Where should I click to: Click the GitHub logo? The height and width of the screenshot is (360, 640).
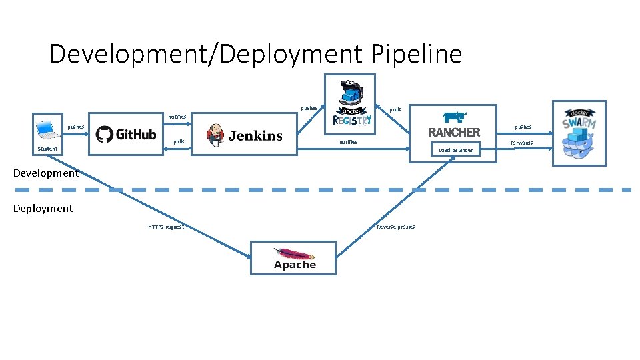coord(126,134)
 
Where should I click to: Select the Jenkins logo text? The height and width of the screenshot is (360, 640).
coord(255,136)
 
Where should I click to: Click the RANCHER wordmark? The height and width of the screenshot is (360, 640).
coord(453,132)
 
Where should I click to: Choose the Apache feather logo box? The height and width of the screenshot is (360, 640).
coord(293,258)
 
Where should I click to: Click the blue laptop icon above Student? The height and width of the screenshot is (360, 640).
coord(45,127)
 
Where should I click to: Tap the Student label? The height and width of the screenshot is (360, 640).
coord(47,149)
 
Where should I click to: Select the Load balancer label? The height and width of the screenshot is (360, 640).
coord(455,151)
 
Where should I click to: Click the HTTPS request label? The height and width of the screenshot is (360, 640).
coord(166,227)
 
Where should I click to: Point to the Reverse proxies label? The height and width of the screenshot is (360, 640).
coord(395,227)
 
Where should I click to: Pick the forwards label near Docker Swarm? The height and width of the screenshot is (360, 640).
coord(521,143)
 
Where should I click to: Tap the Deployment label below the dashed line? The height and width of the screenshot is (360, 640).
coord(43,209)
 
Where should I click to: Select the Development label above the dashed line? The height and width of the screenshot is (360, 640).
coord(46,173)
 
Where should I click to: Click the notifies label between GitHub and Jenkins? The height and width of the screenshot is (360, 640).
coord(177,117)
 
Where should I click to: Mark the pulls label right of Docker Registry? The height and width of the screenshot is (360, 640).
coord(395,109)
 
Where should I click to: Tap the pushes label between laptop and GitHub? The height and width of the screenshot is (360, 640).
coord(75,127)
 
